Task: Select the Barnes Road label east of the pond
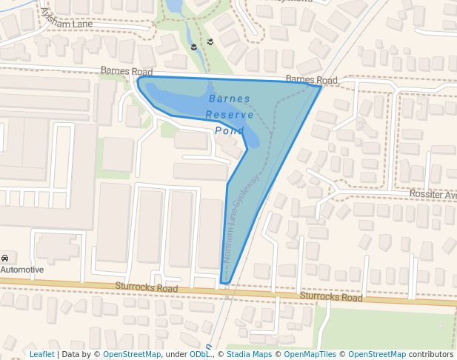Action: click(x=311, y=79)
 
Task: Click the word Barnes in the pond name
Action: click(x=230, y=99)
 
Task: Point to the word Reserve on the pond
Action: click(x=230, y=115)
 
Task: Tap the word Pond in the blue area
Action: click(x=229, y=131)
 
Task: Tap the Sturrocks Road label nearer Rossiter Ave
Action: click(x=331, y=297)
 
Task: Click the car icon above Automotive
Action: click(x=5, y=258)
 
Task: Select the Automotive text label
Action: click(x=22, y=270)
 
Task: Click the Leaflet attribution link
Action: click(x=41, y=355)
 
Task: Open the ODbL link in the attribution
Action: click(x=199, y=355)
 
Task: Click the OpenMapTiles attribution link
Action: click(x=311, y=355)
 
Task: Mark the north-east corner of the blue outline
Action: click(x=321, y=87)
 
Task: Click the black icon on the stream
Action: click(x=194, y=47)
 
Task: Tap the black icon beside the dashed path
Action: click(x=210, y=41)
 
